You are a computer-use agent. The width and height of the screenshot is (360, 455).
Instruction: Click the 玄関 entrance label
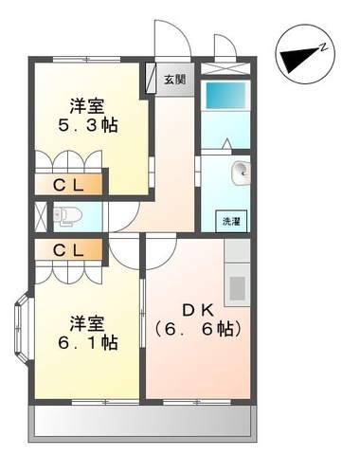(x=174, y=80)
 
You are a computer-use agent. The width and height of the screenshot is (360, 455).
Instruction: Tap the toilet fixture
(x=67, y=216)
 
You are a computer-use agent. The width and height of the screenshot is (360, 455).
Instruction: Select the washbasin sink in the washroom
(x=242, y=173)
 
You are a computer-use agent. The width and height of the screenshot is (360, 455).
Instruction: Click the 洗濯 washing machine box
(x=231, y=221)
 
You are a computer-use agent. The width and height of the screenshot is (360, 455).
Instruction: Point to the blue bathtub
(x=225, y=96)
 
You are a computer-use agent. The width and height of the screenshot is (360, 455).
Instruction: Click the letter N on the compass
(x=323, y=47)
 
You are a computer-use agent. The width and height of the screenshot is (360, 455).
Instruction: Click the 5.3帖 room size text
(x=88, y=125)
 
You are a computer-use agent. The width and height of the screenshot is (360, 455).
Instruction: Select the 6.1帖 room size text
(x=88, y=342)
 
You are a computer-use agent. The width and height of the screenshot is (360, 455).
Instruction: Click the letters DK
(x=199, y=311)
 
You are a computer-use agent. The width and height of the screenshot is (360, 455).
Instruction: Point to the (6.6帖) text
(x=198, y=330)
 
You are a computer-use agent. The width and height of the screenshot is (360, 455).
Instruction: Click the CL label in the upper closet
(x=68, y=186)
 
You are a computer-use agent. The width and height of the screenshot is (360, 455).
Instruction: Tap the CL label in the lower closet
(x=68, y=250)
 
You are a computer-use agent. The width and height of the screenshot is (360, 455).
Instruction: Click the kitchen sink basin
(x=238, y=288)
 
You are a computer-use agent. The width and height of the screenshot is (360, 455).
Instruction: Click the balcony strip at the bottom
(x=142, y=424)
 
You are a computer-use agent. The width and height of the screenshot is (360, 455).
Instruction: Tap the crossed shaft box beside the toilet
(x=41, y=216)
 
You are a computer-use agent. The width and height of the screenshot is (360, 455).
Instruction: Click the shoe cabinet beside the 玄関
(x=151, y=78)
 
